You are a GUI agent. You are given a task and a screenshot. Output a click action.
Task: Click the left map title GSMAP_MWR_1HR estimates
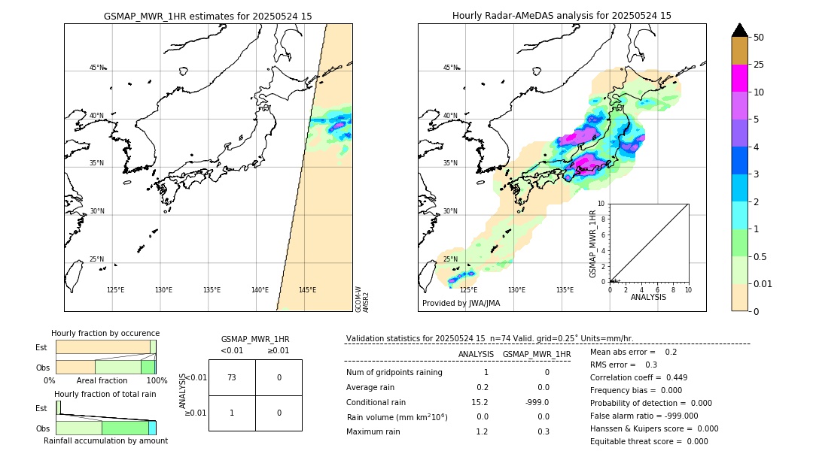208,16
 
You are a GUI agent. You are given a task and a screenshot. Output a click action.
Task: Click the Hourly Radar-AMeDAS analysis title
562,16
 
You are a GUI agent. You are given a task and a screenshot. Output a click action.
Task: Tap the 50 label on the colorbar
759,38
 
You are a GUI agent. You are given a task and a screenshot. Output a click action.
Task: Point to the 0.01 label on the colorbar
763,283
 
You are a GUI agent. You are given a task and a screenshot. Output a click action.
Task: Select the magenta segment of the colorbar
739,78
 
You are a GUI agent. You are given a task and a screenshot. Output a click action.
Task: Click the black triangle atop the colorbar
739,30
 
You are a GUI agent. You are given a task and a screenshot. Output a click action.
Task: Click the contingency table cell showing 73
232,377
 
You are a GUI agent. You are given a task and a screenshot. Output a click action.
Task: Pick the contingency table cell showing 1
232,413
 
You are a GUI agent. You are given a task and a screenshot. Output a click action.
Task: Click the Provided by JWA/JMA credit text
461,304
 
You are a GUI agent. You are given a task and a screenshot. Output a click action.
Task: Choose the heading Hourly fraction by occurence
105,333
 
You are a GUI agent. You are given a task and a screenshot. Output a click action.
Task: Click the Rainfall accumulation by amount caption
105,440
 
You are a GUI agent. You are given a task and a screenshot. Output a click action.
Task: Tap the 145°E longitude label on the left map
307,290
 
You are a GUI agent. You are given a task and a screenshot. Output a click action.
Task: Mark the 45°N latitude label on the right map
450,68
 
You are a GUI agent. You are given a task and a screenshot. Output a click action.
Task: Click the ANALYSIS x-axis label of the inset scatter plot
649,297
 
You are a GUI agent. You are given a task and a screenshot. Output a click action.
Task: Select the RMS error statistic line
623,365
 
